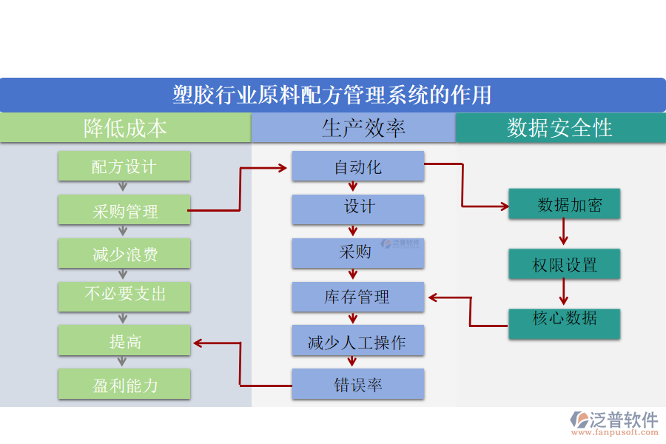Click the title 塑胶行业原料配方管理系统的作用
(x=332, y=95)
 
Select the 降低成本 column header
(x=125, y=128)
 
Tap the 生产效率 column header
(x=354, y=128)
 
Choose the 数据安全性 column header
(x=560, y=128)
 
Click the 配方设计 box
(x=124, y=166)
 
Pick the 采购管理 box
(x=124, y=211)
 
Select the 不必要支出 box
(x=124, y=296)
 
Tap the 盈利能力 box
(x=124, y=385)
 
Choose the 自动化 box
(x=358, y=166)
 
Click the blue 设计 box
(x=358, y=209)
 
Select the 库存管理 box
(x=358, y=297)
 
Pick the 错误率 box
(x=358, y=384)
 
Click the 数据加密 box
(x=564, y=203)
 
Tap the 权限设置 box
(x=564, y=264)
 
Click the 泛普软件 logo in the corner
(x=613, y=422)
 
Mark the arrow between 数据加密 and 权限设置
(x=564, y=233)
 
